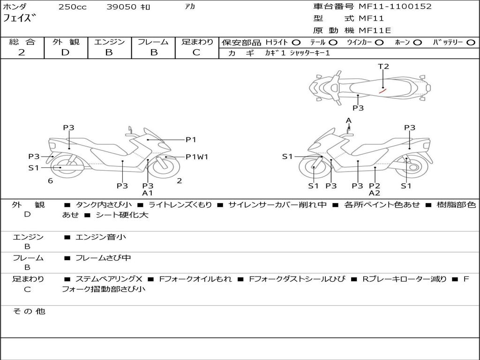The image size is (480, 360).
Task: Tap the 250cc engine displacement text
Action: (72, 7)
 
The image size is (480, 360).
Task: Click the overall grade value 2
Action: (22, 52)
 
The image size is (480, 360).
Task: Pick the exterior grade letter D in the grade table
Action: (66, 52)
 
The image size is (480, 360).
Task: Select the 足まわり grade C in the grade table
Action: (196, 52)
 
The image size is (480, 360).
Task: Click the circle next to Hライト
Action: (296, 42)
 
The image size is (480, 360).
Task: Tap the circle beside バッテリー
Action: (471, 42)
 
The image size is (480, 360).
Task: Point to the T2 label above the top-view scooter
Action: (383, 67)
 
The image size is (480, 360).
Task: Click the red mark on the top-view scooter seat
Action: (382, 91)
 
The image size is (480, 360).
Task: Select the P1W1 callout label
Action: (197, 157)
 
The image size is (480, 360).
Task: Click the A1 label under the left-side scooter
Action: (148, 193)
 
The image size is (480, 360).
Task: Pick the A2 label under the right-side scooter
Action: (375, 193)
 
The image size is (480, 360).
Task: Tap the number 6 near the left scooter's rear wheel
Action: (50, 180)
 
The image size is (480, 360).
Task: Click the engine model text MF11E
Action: (375, 31)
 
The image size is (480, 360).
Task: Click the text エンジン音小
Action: (101, 237)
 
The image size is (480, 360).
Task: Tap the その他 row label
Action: (29, 311)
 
